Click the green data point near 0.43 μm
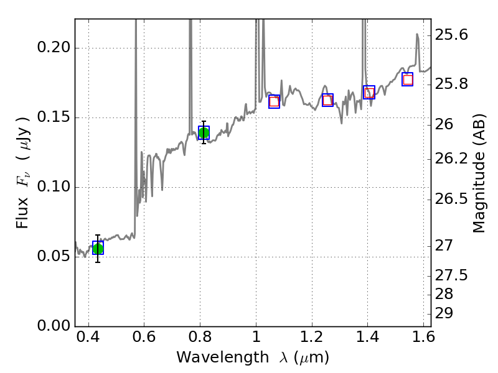[x=98, y=248]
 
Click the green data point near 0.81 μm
[x=204, y=132]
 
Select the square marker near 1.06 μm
[x=274, y=102]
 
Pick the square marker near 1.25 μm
[x=327, y=100]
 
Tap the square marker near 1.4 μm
[x=369, y=93]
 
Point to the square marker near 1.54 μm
[x=408, y=79]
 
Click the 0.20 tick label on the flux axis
[x=57, y=48]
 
